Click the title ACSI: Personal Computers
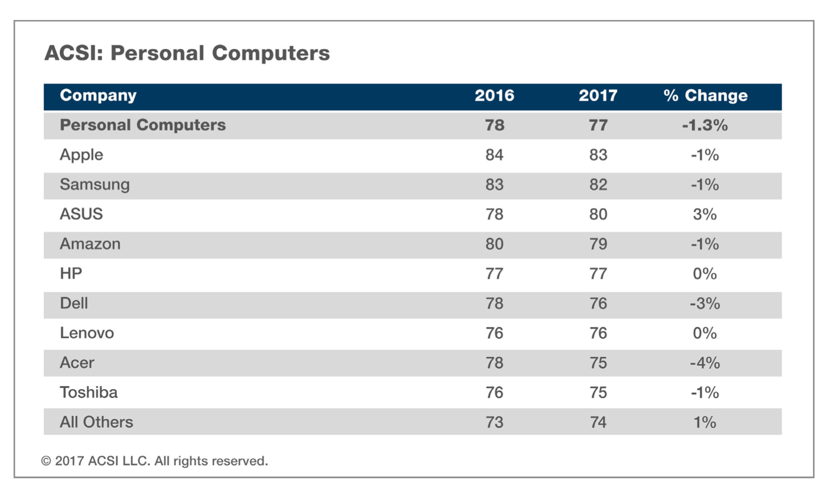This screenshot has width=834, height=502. [x=187, y=53]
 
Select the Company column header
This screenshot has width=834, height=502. [x=98, y=96]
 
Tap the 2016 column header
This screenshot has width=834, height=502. [x=494, y=96]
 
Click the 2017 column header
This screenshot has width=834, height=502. [x=598, y=96]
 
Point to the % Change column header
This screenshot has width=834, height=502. [x=705, y=96]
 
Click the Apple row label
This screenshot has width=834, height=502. [x=82, y=155]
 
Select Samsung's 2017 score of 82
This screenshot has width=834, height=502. [x=598, y=185]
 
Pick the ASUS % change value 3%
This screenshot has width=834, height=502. [x=704, y=214]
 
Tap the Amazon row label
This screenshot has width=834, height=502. [x=90, y=244]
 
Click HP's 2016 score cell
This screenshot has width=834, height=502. [x=494, y=274]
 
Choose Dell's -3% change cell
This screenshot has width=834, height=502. [x=704, y=304]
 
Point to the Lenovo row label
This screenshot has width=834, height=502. [x=87, y=333]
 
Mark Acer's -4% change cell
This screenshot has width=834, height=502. [x=704, y=363]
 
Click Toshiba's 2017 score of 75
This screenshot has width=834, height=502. [x=598, y=393]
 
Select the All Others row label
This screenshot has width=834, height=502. [x=97, y=422]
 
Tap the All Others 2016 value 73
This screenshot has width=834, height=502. [x=494, y=422]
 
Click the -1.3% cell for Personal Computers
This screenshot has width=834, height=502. [x=704, y=126]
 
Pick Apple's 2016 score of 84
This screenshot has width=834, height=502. [x=494, y=155]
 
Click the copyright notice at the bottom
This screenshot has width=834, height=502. [x=155, y=461]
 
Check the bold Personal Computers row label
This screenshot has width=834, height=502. [x=143, y=126]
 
